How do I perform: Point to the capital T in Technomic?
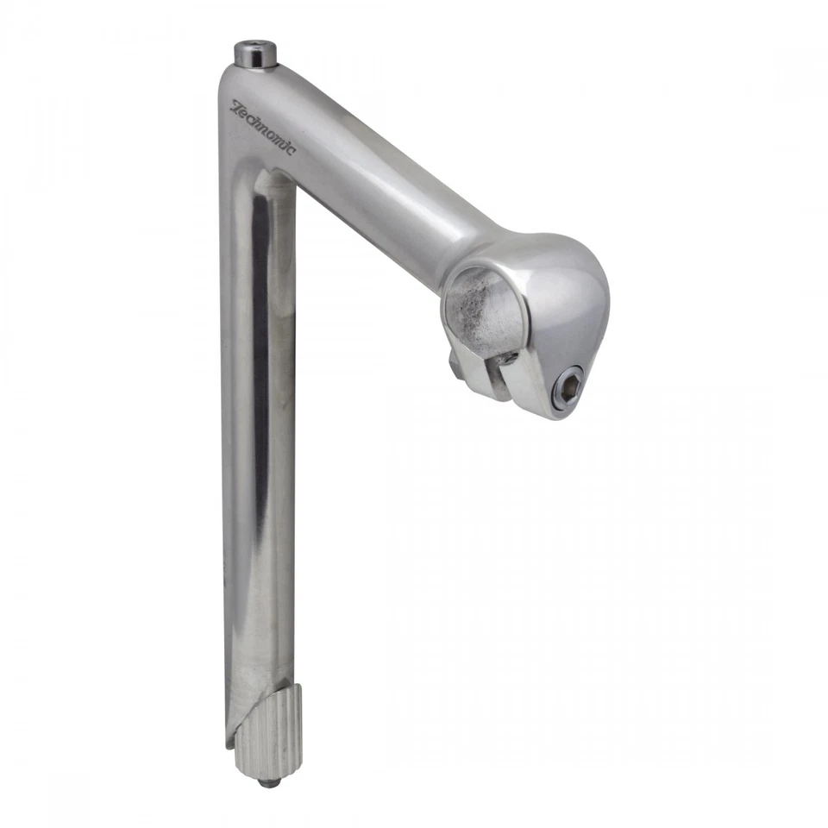click(235, 108)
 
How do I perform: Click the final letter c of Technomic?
click(291, 151)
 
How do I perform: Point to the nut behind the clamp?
click(454, 362)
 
